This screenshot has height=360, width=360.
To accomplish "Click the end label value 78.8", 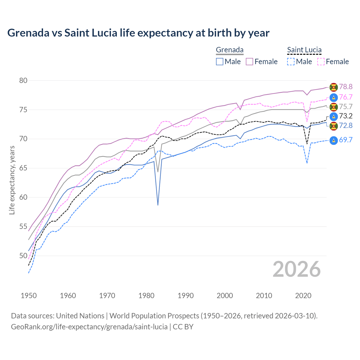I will point(346,87).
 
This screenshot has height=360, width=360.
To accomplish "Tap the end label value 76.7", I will point(346,97).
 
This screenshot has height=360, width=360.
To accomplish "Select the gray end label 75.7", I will point(346,107).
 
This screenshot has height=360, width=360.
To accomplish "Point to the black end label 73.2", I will point(346,116).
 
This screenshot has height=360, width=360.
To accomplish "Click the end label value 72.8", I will point(346,126).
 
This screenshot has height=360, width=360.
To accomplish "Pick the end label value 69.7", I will point(346,140).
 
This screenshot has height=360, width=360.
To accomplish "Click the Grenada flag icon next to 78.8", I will point(334,87).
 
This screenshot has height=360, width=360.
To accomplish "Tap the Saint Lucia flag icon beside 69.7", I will point(334,140).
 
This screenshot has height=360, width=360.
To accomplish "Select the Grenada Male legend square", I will point(220,62).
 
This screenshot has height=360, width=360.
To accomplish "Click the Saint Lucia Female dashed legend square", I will point(321,62).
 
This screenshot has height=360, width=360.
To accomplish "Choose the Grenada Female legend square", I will point(249,62).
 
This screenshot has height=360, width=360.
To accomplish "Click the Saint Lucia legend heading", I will point(304,50).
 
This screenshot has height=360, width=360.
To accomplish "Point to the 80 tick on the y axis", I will point(23,81).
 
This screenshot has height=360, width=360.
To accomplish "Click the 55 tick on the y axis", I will point(23,227).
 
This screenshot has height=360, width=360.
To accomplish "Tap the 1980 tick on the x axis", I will point(147,296).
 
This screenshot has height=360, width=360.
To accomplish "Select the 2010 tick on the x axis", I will point(264,296).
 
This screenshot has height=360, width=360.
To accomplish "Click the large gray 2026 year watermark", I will point(297,269).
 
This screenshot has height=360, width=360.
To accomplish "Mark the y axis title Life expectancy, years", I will point(12,180).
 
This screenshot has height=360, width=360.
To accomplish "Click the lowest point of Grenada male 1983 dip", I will point(158,205).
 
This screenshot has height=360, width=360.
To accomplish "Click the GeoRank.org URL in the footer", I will point(89,327).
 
